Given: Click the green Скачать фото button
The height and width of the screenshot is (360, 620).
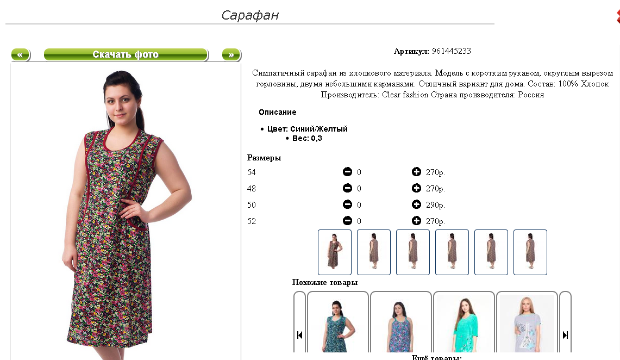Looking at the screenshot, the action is [126, 54].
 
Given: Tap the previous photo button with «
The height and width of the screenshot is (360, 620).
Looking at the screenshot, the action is [21, 54].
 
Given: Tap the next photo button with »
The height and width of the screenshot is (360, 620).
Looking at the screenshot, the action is [231, 54].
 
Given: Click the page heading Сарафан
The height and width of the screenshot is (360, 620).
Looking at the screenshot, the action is [250, 15].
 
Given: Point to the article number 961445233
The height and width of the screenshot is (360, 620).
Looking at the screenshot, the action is [451, 51].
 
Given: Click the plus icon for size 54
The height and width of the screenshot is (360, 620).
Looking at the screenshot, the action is [416, 172].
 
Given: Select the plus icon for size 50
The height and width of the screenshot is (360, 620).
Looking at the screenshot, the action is [416, 204].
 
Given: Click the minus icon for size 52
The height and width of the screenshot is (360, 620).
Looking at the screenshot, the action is [347, 221].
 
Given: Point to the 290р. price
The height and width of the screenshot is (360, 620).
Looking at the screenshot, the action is [435, 205].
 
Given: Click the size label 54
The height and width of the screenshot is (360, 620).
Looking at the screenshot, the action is [252, 172].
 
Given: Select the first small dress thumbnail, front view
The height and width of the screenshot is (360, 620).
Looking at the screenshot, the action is [335, 252].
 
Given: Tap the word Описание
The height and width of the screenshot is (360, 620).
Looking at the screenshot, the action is [278, 113].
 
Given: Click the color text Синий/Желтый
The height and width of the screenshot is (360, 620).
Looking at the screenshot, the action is [319, 129].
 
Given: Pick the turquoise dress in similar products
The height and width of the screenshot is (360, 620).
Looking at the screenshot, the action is [464, 323].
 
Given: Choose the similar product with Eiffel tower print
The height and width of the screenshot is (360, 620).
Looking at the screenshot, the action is [527, 323].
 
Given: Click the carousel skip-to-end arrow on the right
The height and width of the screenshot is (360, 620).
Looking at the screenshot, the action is [566, 335].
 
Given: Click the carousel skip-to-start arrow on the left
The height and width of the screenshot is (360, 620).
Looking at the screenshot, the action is [300, 335].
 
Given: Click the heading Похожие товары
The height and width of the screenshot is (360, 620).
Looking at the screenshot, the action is [325, 282].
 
